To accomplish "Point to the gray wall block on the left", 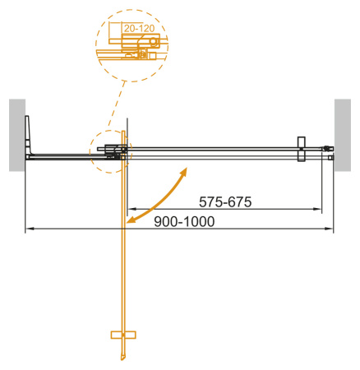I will click(x=17, y=135).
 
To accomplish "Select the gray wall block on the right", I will click(x=344, y=135).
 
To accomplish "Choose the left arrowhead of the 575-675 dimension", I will click(x=130, y=209).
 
